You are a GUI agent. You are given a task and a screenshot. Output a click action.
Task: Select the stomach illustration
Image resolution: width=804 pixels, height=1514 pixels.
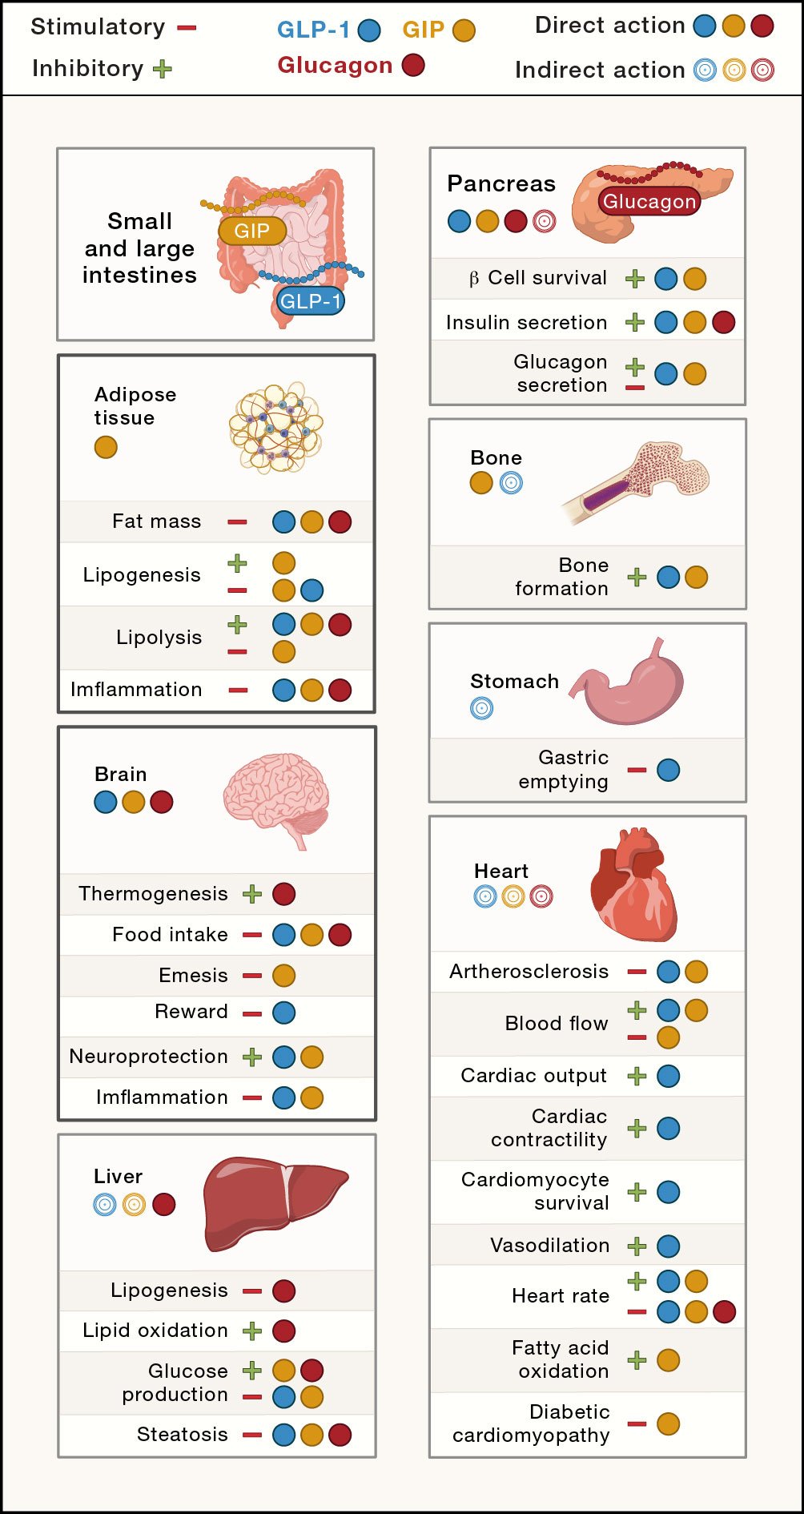pyautogui.click(x=633, y=685)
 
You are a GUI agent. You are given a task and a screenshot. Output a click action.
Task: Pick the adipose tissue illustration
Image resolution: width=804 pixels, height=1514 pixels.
pyautogui.click(x=275, y=428)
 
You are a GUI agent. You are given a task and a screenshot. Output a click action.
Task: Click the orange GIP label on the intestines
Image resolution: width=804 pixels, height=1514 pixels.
pyautogui.click(x=252, y=231)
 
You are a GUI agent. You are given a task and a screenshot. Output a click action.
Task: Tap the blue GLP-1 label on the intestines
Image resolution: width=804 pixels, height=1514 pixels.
pyautogui.click(x=311, y=301)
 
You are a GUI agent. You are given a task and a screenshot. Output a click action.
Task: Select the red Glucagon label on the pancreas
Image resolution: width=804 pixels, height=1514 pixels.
pyautogui.click(x=649, y=201)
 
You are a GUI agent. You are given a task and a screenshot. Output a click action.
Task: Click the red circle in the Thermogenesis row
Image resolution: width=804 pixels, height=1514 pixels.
pyautogui.click(x=284, y=894)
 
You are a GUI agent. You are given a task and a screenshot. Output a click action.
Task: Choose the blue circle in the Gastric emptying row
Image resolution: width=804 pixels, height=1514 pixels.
pyautogui.click(x=669, y=770)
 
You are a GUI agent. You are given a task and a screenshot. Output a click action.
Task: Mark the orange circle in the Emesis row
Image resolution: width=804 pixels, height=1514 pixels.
pyautogui.click(x=284, y=976)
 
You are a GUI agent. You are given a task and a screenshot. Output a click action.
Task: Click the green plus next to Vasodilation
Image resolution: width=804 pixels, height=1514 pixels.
pyautogui.click(x=637, y=1246)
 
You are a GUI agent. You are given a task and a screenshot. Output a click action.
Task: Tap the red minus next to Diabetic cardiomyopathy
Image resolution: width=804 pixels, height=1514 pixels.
pyautogui.click(x=637, y=1423)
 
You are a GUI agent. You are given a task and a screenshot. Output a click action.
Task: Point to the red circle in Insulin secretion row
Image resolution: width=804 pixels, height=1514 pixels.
pyautogui.click(x=723, y=322)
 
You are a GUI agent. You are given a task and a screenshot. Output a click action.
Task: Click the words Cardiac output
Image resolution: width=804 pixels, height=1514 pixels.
pyautogui.click(x=533, y=1076)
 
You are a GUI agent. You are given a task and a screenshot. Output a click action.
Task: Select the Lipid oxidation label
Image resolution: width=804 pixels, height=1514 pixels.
pyautogui.click(x=155, y=1331)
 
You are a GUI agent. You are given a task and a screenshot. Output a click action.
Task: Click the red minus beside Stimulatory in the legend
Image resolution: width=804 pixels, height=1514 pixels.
pyautogui.click(x=187, y=28)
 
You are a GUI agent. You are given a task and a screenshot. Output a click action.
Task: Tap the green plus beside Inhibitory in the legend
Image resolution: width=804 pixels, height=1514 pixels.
pyautogui.click(x=163, y=69)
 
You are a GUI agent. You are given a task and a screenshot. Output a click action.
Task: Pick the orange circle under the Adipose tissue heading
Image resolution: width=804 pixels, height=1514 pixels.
pyautogui.click(x=106, y=447)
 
